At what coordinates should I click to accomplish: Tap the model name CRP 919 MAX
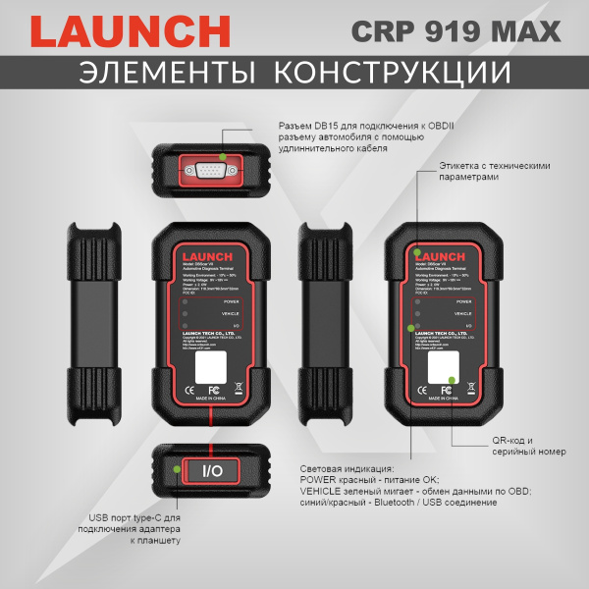[x=456, y=30]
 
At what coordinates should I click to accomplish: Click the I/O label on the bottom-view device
[x=212, y=471]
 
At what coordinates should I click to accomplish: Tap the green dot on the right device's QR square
[x=452, y=380]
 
